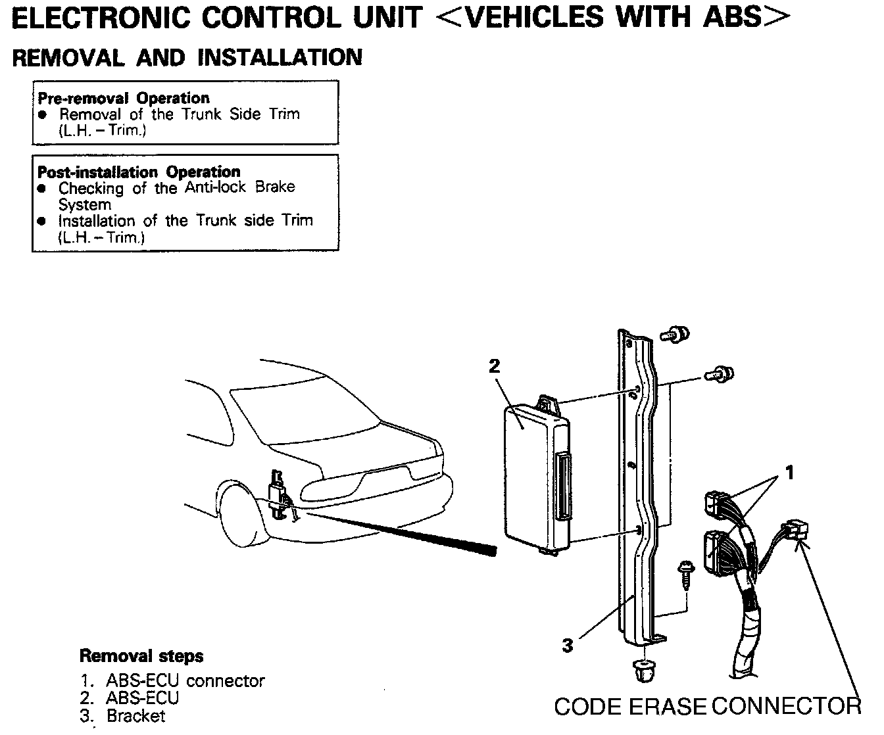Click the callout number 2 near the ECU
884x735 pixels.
pos(494,366)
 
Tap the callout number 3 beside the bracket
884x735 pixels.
pos(567,645)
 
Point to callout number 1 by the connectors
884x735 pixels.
pos(790,472)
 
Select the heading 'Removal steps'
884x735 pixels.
pos(141,655)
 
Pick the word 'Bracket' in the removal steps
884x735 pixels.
pos(135,715)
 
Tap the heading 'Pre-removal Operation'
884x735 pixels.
pos(123,98)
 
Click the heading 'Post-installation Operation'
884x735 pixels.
pos(139,172)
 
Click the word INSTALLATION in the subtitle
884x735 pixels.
pos(280,58)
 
